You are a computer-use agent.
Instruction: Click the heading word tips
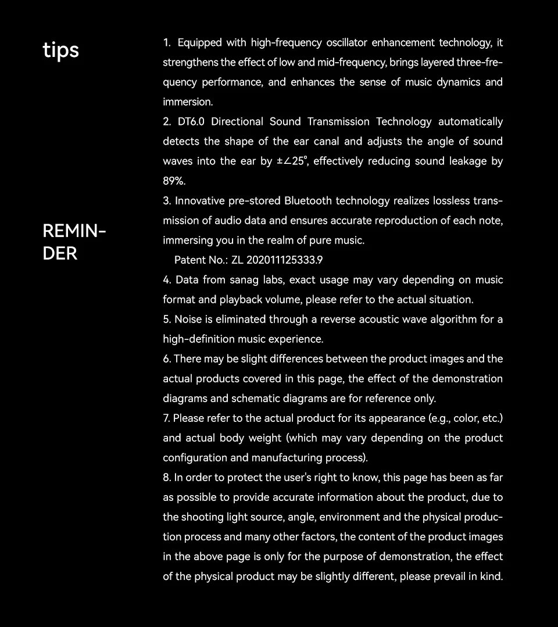(60, 51)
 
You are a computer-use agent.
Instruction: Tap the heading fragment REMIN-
(74, 231)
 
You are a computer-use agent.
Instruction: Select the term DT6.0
(191, 122)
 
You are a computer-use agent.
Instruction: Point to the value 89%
(174, 181)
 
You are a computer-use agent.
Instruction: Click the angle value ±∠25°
(291, 162)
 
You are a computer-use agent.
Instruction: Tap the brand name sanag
(244, 280)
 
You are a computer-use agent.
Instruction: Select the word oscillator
(346, 43)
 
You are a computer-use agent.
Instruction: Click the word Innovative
(199, 201)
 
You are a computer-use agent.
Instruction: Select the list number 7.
(166, 418)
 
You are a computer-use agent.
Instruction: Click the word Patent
(189, 260)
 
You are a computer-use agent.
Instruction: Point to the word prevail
(452, 576)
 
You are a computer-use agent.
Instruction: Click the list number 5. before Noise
(167, 320)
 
